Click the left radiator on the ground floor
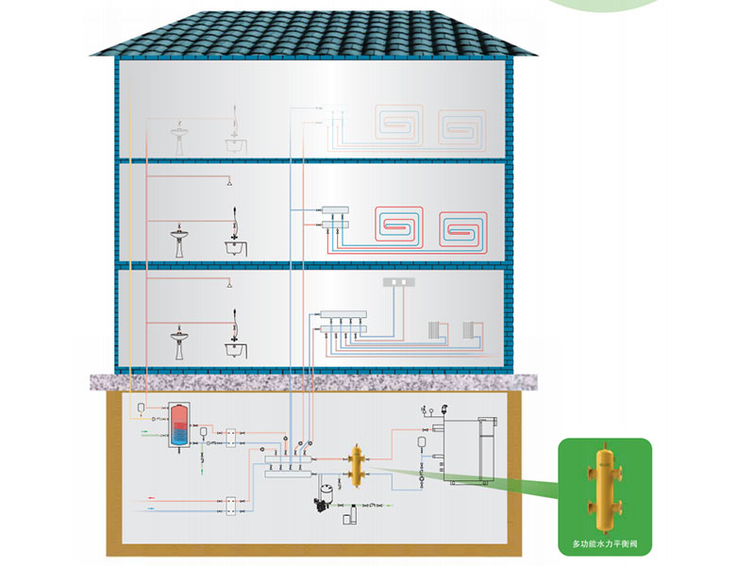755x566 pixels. [433, 329]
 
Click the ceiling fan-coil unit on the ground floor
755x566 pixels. [397, 282]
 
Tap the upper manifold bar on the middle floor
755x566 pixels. [336, 209]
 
